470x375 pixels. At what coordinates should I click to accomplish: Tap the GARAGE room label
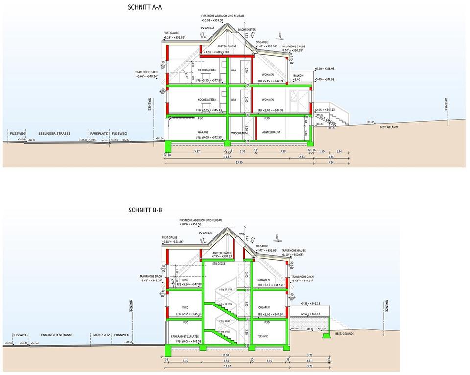tap(203, 132)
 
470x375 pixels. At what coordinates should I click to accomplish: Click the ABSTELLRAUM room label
tap(271, 132)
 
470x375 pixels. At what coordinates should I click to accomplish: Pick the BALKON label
tap(298, 75)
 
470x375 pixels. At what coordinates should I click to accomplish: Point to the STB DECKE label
tap(218, 264)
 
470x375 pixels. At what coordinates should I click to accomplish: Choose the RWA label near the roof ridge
tap(241, 234)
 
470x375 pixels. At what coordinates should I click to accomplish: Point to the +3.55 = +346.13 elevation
tap(310, 303)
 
